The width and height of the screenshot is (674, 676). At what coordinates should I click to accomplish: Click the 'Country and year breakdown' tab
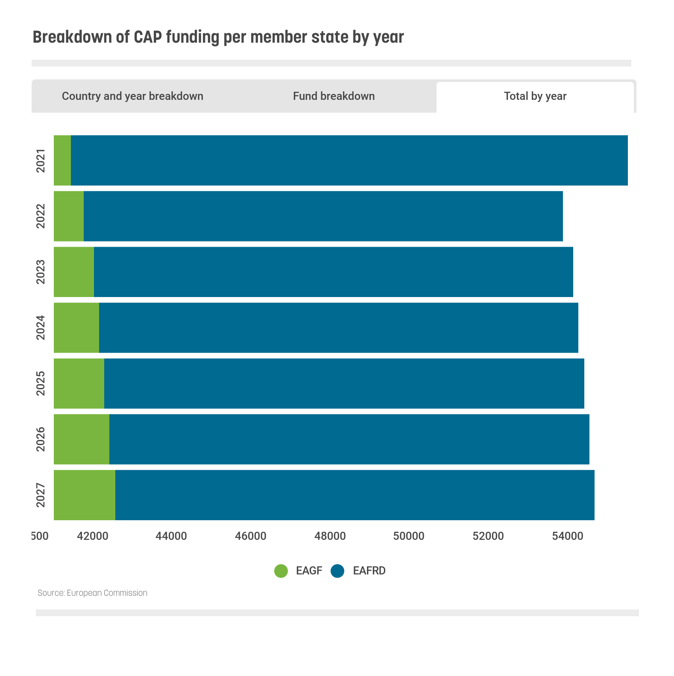(132, 96)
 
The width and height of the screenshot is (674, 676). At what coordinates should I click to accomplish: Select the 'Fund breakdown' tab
(334, 96)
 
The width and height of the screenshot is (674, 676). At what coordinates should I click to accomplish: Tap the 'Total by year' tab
(535, 96)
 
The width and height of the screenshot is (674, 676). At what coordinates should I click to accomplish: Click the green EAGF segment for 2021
(62, 160)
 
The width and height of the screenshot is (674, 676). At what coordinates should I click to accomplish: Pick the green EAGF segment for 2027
(85, 495)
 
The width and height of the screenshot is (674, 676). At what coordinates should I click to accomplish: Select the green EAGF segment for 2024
(76, 328)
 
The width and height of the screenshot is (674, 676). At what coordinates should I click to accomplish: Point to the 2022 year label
(41, 216)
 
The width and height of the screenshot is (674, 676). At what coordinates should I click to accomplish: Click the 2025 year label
(41, 383)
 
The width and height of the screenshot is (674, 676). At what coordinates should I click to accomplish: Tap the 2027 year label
(41, 495)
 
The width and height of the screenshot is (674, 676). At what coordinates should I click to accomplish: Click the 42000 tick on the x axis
(92, 536)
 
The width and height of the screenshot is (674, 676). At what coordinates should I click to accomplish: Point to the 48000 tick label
(330, 536)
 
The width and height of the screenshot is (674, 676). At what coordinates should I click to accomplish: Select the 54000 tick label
(567, 536)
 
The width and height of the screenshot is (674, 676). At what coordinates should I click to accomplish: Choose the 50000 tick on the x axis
(409, 536)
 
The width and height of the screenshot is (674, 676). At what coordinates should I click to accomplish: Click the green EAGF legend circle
(281, 571)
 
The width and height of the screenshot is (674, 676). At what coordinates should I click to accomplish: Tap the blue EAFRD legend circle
(337, 571)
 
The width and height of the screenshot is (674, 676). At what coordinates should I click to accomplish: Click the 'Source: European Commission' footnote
(92, 593)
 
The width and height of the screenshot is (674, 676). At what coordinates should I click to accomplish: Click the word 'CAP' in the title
(148, 37)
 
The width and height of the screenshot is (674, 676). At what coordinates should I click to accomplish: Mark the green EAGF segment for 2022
(69, 216)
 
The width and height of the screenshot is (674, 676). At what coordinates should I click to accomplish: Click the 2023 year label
(41, 272)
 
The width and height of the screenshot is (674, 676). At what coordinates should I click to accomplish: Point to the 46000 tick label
(251, 536)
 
